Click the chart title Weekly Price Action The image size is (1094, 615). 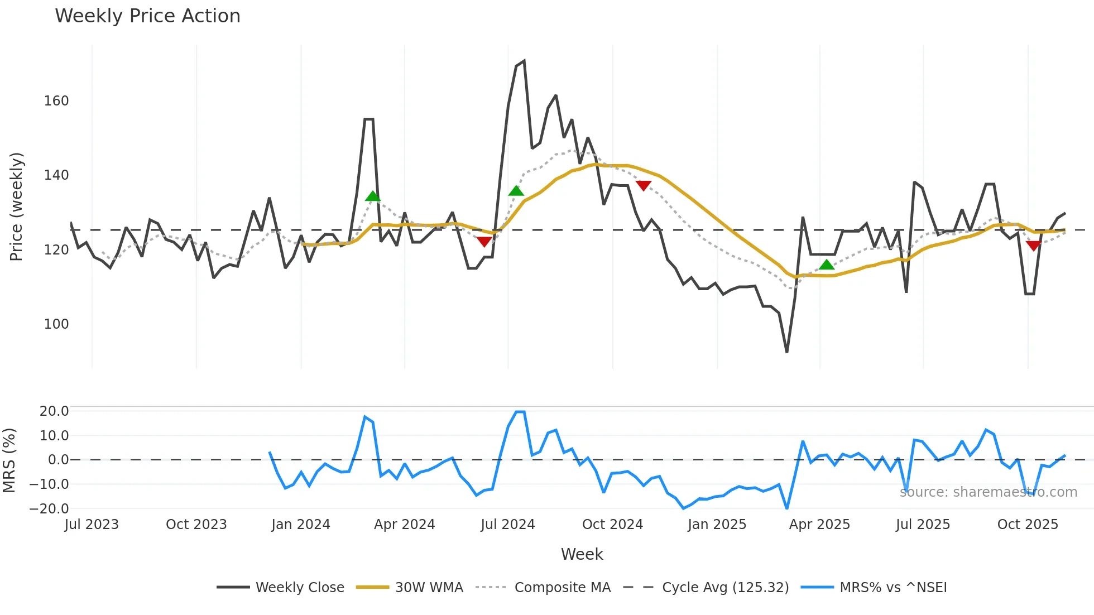[147, 16]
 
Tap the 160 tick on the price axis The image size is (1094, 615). [56, 101]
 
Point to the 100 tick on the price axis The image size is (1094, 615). [56, 324]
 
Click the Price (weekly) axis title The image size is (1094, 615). [16, 206]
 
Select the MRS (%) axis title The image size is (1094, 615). [9, 460]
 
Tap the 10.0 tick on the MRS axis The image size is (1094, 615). [54, 436]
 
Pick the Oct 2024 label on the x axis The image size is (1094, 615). [612, 525]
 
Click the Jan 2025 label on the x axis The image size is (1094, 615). [717, 525]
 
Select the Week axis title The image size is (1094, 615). [582, 554]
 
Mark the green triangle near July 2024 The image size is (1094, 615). [516, 191]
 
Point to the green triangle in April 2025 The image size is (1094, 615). [827, 265]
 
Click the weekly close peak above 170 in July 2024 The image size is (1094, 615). [524, 61]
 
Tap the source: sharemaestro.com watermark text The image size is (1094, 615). [988, 492]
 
